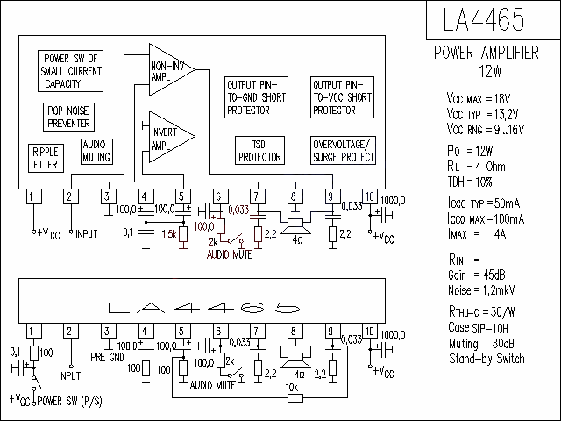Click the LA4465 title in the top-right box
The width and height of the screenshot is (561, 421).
(x=483, y=19)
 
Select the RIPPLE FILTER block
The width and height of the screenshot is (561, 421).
(x=46, y=158)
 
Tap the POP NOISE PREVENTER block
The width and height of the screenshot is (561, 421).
(x=68, y=117)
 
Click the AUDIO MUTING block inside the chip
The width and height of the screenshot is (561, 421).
(x=96, y=152)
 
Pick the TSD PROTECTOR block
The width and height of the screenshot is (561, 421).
(x=259, y=150)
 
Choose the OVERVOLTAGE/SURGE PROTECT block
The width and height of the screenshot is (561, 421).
(x=343, y=150)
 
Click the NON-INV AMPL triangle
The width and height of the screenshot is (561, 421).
(x=172, y=70)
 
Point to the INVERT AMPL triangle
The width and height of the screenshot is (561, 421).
(x=172, y=137)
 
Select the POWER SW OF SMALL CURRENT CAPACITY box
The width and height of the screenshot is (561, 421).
(x=70, y=71)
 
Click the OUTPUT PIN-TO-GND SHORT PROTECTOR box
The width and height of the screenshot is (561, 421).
(x=256, y=97)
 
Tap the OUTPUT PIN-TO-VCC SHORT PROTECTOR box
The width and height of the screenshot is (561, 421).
(x=342, y=97)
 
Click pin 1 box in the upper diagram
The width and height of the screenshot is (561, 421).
(x=34, y=196)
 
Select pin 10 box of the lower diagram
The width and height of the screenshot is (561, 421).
(x=370, y=331)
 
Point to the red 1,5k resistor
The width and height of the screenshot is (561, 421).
(x=183, y=234)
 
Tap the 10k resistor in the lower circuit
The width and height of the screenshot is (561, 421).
(x=295, y=397)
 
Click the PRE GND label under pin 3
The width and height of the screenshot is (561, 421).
(x=107, y=357)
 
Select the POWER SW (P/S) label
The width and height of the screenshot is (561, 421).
(x=69, y=401)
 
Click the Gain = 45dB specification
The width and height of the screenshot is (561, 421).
(x=477, y=275)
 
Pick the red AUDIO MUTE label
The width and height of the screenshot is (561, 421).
(x=230, y=254)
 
